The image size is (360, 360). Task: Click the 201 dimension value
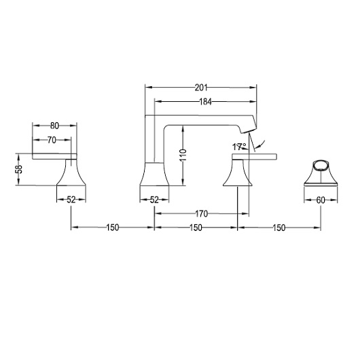tap(200, 87)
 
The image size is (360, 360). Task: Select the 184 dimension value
tap(206, 102)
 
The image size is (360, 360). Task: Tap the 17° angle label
tap(238, 146)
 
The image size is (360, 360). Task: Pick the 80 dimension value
tap(54, 125)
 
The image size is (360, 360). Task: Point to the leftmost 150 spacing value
tap(113, 228)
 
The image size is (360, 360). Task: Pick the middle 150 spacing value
tap(196, 228)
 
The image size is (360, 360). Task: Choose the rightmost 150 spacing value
tap(278, 228)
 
